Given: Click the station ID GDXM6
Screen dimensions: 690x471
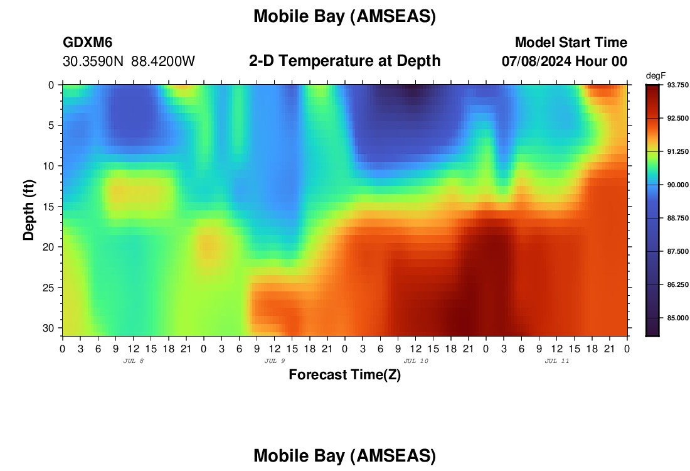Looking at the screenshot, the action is [88, 42].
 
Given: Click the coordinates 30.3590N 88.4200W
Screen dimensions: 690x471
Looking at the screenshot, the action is [129, 62].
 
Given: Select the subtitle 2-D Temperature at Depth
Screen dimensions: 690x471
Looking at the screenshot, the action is [344, 61].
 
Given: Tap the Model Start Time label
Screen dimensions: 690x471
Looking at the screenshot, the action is [571, 42].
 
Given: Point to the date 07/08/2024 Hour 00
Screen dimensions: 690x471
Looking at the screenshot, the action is [565, 62].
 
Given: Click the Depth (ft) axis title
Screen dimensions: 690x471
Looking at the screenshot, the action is [29, 210].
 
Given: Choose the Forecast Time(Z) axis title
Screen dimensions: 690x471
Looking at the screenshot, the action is [344, 374].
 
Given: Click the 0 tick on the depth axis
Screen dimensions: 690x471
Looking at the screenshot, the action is [51, 85].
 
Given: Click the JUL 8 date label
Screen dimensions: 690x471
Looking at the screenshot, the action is [134, 361].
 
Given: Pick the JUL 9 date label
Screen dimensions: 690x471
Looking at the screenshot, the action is [275, 361].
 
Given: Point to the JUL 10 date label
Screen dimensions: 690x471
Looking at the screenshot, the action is [416, 361].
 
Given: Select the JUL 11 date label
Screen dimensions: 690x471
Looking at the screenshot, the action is [557, 361].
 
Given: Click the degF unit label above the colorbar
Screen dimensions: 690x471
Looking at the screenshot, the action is [655, 76].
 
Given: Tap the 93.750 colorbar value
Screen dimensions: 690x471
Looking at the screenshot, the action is [677, 85].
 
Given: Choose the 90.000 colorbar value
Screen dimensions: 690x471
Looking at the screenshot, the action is [677, 185].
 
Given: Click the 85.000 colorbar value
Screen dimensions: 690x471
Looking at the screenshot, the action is [677, 318].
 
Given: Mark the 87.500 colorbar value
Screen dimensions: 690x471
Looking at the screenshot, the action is [677, 251].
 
